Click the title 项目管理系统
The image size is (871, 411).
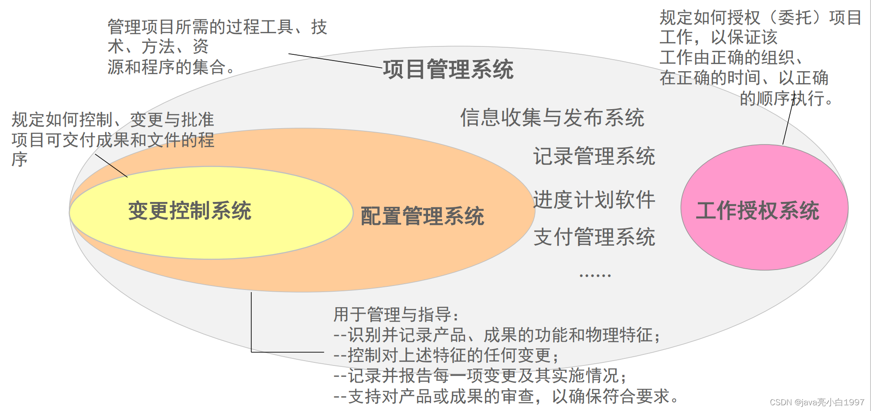(448, 69)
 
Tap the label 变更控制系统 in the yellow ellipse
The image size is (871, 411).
(189, 210)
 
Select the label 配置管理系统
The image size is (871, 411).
(422, 216)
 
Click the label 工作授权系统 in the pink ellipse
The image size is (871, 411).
(757, 210)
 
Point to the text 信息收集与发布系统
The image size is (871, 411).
(552, 118)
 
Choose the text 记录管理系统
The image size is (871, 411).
(594, 156)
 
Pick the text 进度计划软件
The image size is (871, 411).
(594, 199)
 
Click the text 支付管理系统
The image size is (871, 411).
(594, 237)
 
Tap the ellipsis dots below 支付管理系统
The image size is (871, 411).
(595, 275)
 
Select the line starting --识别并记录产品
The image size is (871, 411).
(496, 335)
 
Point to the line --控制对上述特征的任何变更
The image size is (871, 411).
(446, 355)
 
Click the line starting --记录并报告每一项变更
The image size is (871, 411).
(480, 376)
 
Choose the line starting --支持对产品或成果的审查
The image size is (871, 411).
(506, 396)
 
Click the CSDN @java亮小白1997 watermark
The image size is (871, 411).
(817, 402)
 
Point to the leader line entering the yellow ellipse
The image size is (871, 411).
(111, 166)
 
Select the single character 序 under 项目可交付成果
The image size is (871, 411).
(19, 159)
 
